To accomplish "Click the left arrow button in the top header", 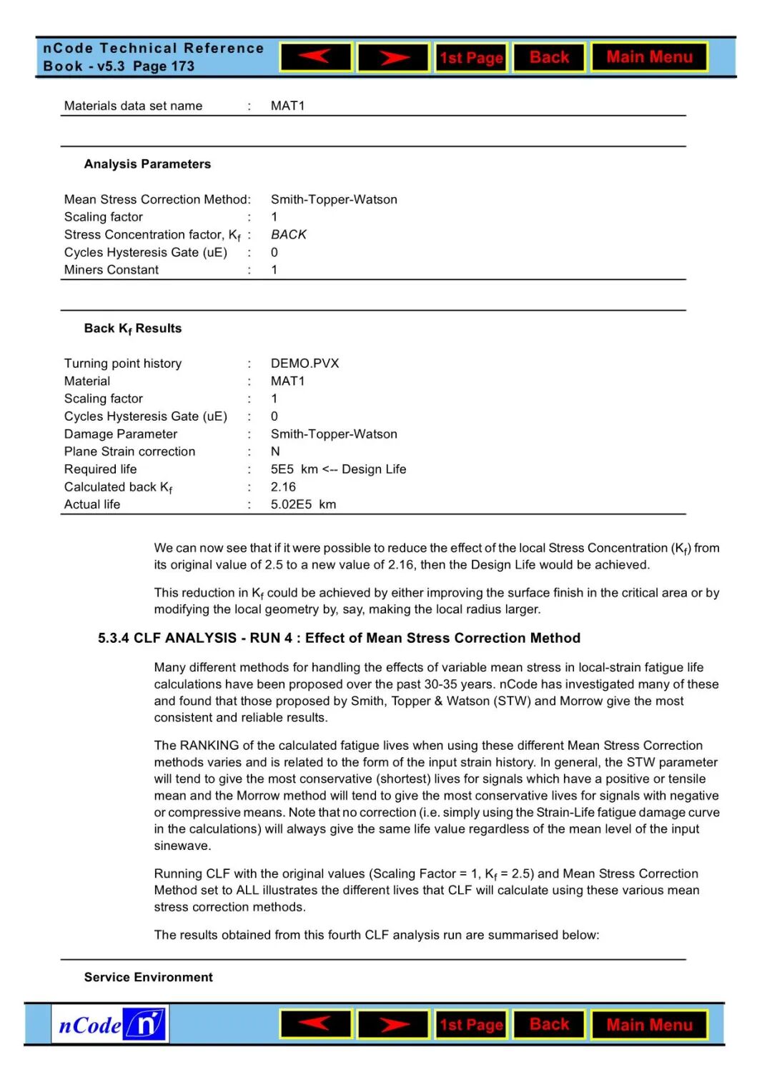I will pyautogui.click(x=315, y=57).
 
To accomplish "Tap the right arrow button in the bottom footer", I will pyautogui.click(x=393, y=1025).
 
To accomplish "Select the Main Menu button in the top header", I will pyautogui.click(x=649, y=57).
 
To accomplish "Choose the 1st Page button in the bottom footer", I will pyautogui.click(x=471, y=1025).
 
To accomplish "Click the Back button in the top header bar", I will pyautogui.click(x=549, y=57).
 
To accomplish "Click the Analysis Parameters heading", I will pyautogui.click(x=147, y=164).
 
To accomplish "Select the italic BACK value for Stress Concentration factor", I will pyautogui.click(x=288, y=234).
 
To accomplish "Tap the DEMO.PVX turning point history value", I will pyautogui.click(x=305, y=364).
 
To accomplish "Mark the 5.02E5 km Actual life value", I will pyautogui.click(x=303, y=504).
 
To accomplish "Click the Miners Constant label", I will pyautogui.click(x=112, y=270).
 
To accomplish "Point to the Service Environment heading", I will pyautogui.click(x=148, y=977).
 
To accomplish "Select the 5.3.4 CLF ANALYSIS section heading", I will pyautogui.click(x=339, y=638).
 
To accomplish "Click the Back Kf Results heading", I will pyautogui.click(x=133, y=329).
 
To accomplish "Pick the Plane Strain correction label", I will pyautogui.click(x=129, y=451).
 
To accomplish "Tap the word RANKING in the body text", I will pyautogui.click(x=211, y=746).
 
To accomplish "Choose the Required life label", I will pyautogui.click(x=100, y=469).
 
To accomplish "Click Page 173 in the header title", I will pyautogui.click(x=164, y=66).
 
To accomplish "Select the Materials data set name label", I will pyautogui.click(x=133, y=106).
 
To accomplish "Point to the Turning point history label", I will pyautogui.click(x=123, y=364).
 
